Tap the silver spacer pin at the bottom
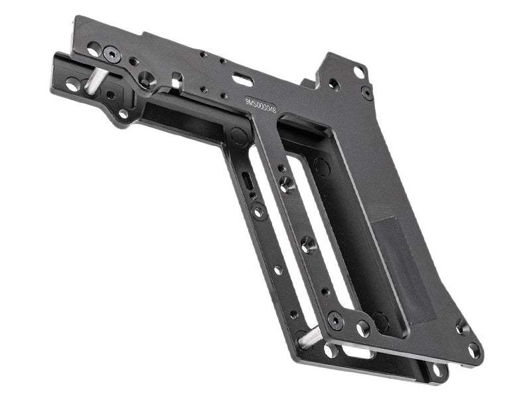click(x=311, y=340)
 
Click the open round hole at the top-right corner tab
click(x=358, y=70)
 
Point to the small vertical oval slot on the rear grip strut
click(x=246, y=181)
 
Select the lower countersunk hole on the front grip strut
click(x=308, y=245)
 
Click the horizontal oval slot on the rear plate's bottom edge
click(x=359, y=354)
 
